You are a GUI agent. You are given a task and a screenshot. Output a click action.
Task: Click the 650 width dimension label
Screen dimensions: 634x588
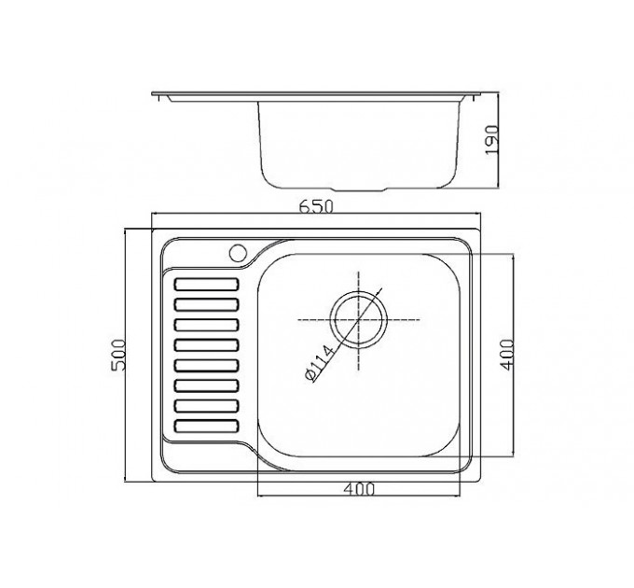[x=316, y=207]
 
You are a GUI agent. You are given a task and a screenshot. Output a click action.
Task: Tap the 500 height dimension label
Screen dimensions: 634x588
[x=119, y=357]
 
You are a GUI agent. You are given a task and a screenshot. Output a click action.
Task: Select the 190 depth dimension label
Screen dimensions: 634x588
[x=491, y=140]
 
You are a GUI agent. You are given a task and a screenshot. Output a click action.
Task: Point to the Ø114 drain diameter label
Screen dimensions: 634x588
[x=320, y=363]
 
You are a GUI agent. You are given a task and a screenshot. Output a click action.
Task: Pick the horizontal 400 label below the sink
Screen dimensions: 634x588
[x=359, y=489]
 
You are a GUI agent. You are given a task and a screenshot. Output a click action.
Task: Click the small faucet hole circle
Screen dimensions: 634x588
[x=238, y=253]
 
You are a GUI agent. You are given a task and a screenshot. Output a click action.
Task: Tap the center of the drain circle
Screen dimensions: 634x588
[x=359, y=319]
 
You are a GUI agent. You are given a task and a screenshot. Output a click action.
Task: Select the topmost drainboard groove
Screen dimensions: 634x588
[x=206, y=284]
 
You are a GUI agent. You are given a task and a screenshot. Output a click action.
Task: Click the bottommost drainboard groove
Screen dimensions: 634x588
[x=206, y=426]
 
